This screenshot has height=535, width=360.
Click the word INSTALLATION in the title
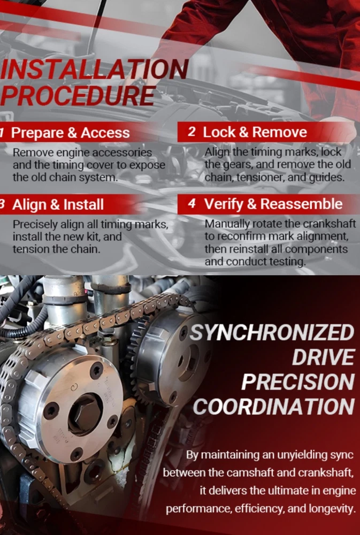pyautogui.click(x=94, y=70)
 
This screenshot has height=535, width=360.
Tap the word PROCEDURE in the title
pyautogui.click(x=78, y=95)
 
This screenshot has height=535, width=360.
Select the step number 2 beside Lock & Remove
pyautogui.click(x=192, y=132)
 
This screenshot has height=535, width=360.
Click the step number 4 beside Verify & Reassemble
pyautogui.click(x=192, y=204)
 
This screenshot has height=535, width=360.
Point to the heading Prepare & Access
pyautogui.click(x=70, y=133)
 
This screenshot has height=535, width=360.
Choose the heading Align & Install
pyautogui.click(x=58, y=205)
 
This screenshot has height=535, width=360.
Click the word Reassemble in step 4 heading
pyautogui.click(x=301, y=204)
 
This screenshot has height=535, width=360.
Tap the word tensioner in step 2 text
pyautogui.click(x=261, y=178)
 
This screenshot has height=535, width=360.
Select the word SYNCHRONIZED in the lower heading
pyautogui.click(x=272, y=333)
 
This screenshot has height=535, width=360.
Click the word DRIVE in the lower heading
pyautogui.click(x=323, y=357)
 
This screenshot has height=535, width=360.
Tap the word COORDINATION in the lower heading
pyautogui.click(x=274, y=407)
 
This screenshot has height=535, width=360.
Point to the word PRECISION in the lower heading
pyautogui.click(x=298, y=382)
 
